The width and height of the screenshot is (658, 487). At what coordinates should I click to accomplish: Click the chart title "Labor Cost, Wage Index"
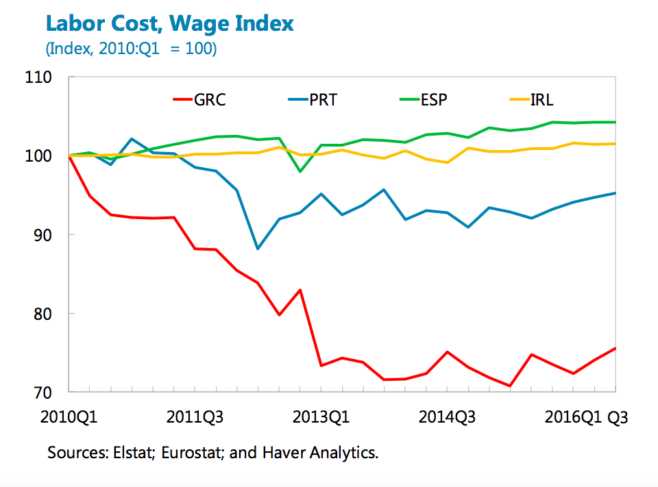(x=169, y=25)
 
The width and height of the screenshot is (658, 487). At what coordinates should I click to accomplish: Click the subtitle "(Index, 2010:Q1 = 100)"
(x=131, y=49)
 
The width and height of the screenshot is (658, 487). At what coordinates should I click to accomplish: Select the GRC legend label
(x=210, y=100)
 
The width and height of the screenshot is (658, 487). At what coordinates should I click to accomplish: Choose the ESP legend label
(x=434, y=100)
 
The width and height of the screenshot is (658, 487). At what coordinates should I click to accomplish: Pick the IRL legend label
(x=541, y=100)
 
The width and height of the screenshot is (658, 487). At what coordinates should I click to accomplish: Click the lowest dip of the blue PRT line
(x=258, y=249)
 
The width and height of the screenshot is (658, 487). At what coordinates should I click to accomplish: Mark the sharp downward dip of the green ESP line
(x=300, y=171)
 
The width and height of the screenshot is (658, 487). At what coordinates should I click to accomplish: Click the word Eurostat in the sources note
(x=198, y=453)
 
